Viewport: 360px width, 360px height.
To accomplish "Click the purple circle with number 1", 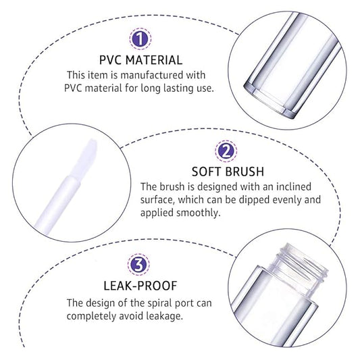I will [x=140, y=38].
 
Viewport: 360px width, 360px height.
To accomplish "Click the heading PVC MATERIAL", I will [x=140, y=59].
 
